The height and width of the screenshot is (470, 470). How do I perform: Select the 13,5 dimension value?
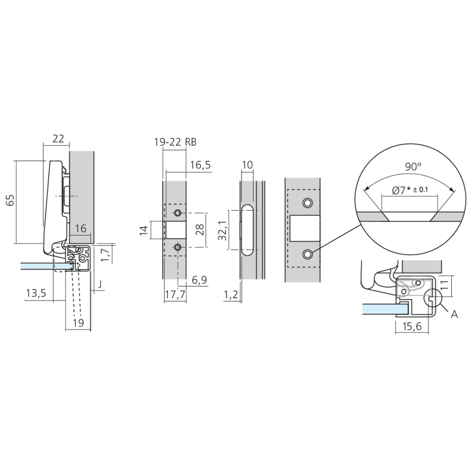(35, 293)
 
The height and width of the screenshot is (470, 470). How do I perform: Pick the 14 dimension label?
(144, 230)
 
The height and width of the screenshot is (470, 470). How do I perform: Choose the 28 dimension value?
(200, 230)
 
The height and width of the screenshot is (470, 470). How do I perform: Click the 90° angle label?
(413, 166)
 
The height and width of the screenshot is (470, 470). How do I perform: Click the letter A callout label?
(454, 314)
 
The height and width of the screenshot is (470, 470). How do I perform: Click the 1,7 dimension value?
(106, 255)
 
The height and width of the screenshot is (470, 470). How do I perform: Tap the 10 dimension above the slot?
(247, 164)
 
